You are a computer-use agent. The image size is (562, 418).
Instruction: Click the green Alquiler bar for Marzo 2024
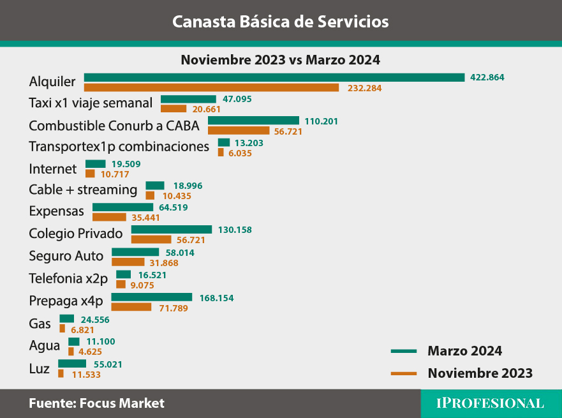tap(274, 77)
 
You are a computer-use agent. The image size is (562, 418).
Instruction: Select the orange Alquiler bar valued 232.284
tap(211, 87)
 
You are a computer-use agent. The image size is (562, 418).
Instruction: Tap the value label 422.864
tap(487, 77)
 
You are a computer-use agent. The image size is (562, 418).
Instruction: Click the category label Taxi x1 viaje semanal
tap(91, 103)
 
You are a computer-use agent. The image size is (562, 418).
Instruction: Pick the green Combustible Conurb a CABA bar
tap(253, 121)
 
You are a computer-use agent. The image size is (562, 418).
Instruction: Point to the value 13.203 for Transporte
tap(249, 143)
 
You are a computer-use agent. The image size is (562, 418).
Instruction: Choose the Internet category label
tap(53, 169)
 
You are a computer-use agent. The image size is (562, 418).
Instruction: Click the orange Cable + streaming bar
tap(150, 195)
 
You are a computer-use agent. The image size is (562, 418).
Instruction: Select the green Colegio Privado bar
tap(172, 229)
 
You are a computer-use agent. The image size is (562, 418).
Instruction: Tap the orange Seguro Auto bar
tap(128, 262)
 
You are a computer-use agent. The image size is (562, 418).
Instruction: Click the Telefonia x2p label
tap(68, 278)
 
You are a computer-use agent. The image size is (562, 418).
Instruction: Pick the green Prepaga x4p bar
tap(152, 297)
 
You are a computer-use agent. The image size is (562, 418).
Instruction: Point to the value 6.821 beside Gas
tap(83, 329)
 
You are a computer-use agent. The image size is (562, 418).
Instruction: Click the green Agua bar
tap(74, 341)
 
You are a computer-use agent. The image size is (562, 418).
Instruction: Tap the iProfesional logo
tap(490, 403)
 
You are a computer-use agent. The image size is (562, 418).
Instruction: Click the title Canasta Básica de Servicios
tap(281, 22)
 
